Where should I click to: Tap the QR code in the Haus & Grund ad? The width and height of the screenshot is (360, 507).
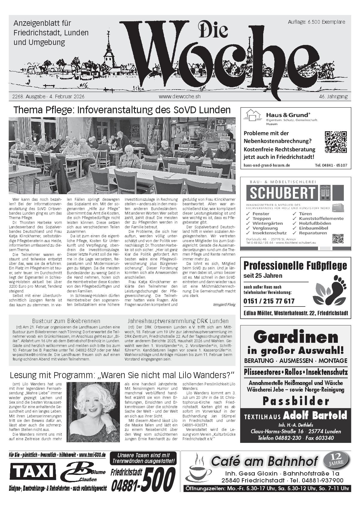[336, 142]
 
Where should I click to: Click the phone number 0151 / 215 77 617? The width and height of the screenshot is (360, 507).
[269, 301]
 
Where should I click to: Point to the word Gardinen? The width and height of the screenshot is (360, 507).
[296, 337]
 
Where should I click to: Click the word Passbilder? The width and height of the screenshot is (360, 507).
[296, 401]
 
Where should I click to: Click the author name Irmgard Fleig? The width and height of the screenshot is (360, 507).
[224, 304]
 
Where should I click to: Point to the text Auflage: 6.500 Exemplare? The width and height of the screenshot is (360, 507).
[316, 22]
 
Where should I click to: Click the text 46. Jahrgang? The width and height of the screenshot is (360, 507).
[333, 96]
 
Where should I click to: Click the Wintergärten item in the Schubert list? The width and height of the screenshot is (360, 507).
[267, 223]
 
